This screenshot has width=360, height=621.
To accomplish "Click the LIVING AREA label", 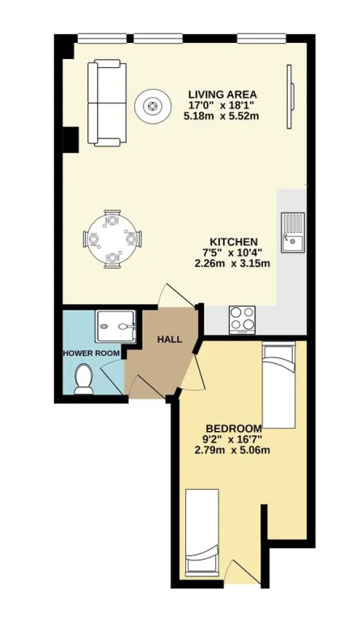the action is coord(222,95).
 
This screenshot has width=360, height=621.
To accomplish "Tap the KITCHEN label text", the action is coord(234,242).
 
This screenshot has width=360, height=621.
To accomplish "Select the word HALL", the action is coord(170,340).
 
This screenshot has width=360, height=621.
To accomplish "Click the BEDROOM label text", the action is coord(234,429).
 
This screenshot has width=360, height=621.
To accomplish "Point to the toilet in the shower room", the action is coord(83,380).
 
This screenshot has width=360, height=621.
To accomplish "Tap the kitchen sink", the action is coord(293,233).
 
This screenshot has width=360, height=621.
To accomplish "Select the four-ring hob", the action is coord(242,319).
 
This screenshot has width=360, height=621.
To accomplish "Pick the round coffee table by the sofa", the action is coord(152,106).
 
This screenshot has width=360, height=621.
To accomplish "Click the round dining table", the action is coord(112,239).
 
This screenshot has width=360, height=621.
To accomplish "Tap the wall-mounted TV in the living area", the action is coord(290,96).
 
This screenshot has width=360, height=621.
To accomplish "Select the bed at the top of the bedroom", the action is coord(279,385).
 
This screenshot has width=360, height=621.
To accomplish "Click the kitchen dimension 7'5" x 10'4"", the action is coord(234,252).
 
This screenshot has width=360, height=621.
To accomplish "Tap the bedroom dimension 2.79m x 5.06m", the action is coord(233,450).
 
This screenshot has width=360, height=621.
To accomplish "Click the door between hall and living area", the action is coord(176,295).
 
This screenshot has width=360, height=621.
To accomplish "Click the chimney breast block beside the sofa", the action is coord(70,139).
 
